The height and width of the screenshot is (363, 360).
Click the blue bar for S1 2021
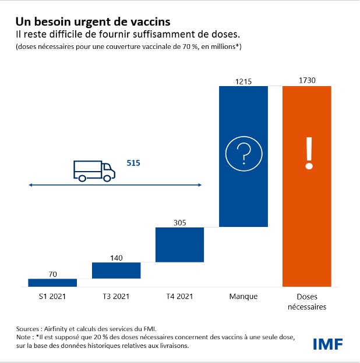coord(52,282)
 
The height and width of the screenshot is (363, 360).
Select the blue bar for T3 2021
coord(117,271)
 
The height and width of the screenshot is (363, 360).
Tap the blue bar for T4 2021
coord(180,244)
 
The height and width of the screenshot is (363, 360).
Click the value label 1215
coord(243,81)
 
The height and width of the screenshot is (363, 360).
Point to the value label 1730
coord(307,80)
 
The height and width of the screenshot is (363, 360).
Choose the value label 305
coord(180,222)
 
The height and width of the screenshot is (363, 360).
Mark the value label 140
coord(117,257)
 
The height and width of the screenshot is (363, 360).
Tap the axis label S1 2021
coord(52,297)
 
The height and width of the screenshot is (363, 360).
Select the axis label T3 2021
coord(117,297)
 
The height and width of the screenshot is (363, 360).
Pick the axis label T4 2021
coord(180,297)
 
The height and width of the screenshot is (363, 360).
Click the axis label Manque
coord(243,297)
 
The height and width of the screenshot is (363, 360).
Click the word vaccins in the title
coord(149,22)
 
